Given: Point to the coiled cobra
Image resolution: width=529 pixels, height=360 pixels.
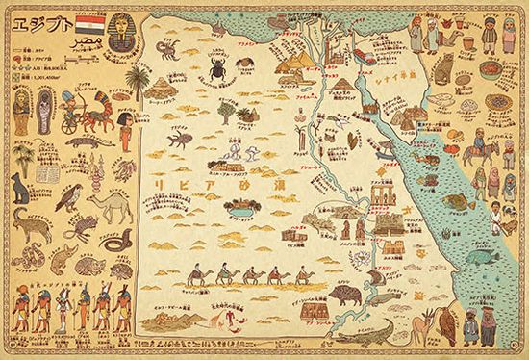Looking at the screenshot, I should click(111, 243).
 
